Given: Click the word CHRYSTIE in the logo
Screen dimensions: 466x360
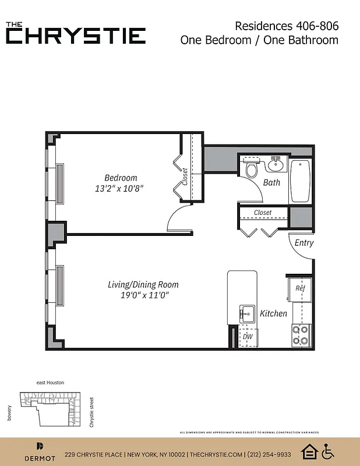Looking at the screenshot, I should pyautogui.click(x=76, y=36).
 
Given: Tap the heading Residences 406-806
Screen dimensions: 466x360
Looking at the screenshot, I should pyautogui.click(x=287, y=26).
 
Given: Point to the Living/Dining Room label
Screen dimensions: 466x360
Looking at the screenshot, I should pyautogui.click(x=143, y=285).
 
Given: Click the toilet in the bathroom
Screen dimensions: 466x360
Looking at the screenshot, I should pyautogui.click(x=252, y=170).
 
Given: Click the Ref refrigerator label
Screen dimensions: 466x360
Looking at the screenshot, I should pyautogui.click(x=300, y=288).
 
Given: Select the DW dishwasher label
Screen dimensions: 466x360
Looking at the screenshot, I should pyautogui.click(x=247, y=336).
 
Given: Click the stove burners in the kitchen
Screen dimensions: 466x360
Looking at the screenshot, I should pyautogui.click(x=301, y=336).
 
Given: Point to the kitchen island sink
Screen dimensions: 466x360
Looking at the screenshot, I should pyautogui.click(x=246, y=313).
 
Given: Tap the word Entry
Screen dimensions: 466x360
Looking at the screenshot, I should pyautogui.click(x=304, y=243).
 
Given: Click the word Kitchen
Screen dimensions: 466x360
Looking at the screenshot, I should pyautogui.click(x=273, y=313).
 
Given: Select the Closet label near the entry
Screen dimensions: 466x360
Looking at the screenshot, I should pyautogui.click(x=263, y=213).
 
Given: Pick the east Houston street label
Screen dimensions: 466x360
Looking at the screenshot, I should pyautogui.click(x=50, y=383).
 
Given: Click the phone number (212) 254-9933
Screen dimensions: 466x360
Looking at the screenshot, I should pyautogui.click(x=269, y=454).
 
